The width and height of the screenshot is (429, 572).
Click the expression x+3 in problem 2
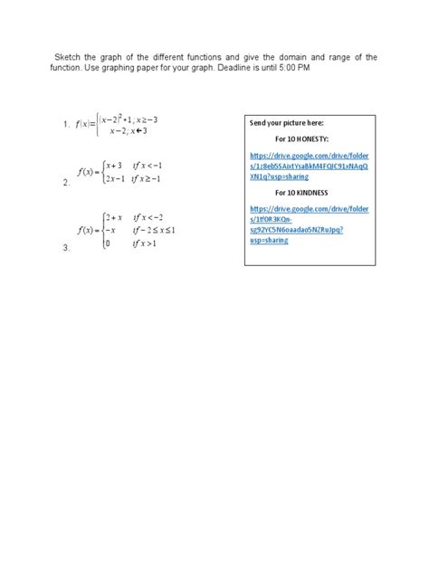click(114, 166)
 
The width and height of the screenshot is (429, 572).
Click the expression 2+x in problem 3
click(113, 217)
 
